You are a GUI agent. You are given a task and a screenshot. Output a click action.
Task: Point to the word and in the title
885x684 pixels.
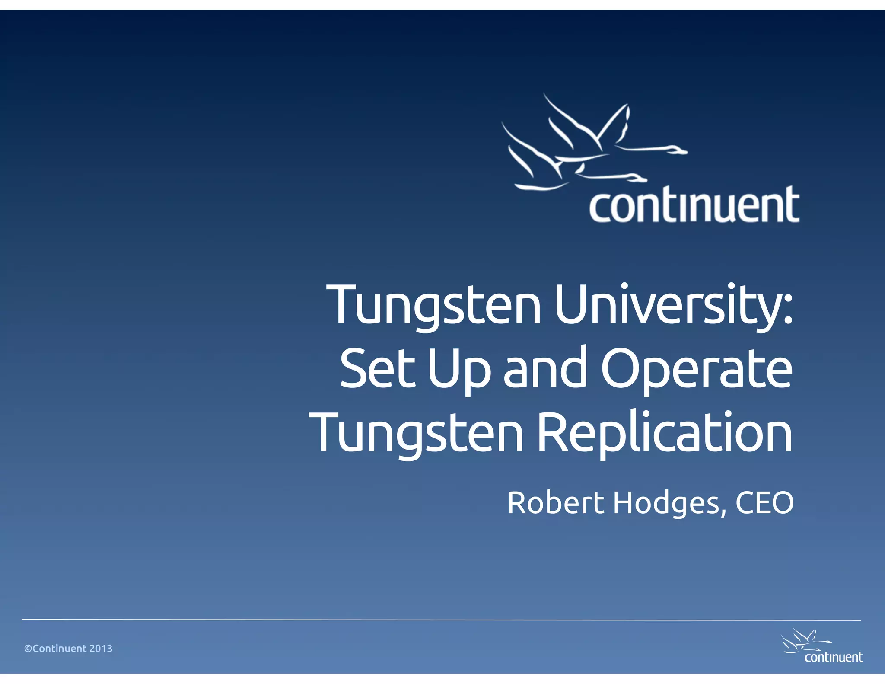point(546,368)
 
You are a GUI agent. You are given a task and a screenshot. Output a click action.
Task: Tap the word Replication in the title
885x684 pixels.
point(665,432)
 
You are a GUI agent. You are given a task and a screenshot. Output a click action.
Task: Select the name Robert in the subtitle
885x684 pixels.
point(555,503)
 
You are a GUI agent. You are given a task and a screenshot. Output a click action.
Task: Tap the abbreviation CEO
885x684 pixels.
point(764,503)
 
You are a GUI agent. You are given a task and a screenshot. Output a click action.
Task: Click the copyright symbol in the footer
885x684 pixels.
point(28,649)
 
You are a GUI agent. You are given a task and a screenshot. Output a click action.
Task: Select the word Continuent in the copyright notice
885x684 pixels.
point(60,649)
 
